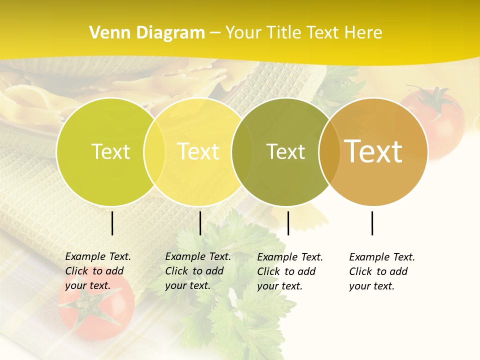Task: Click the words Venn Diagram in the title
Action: (147, 33)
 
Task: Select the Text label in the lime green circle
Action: (110, 152)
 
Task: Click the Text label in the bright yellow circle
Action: (198, 151)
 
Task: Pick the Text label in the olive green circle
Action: (285, 152)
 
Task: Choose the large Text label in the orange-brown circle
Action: (373, 151)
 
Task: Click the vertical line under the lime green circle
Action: (112, 223)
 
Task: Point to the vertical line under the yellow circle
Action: (200, 223)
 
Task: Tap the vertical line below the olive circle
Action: (288, 223)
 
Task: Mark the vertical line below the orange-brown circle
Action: (372, 223)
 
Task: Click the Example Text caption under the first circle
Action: (97, 271)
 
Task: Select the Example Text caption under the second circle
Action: (197, 271)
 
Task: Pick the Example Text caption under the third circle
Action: (289, 271)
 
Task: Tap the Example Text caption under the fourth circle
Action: (381, 271)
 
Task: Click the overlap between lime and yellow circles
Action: (154, 152)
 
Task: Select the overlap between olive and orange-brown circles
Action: (329, 152)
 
